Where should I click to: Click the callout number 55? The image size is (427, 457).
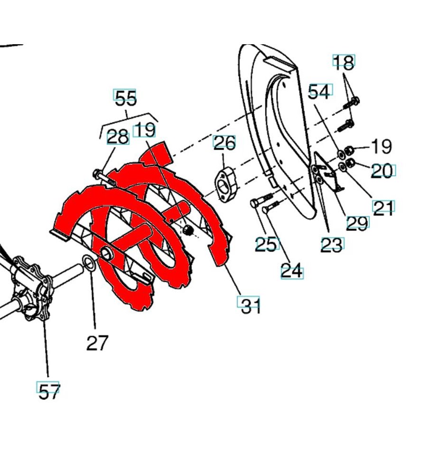125,98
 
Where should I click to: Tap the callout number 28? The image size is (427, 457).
118,138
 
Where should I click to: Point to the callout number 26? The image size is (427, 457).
224,143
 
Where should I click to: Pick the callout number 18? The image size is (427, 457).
343,62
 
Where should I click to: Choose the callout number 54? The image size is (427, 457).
319,91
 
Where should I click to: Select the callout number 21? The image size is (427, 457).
383,207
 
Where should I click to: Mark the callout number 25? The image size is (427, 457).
265,244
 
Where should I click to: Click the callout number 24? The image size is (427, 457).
291,272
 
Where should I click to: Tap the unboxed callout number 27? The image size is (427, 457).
97,342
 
